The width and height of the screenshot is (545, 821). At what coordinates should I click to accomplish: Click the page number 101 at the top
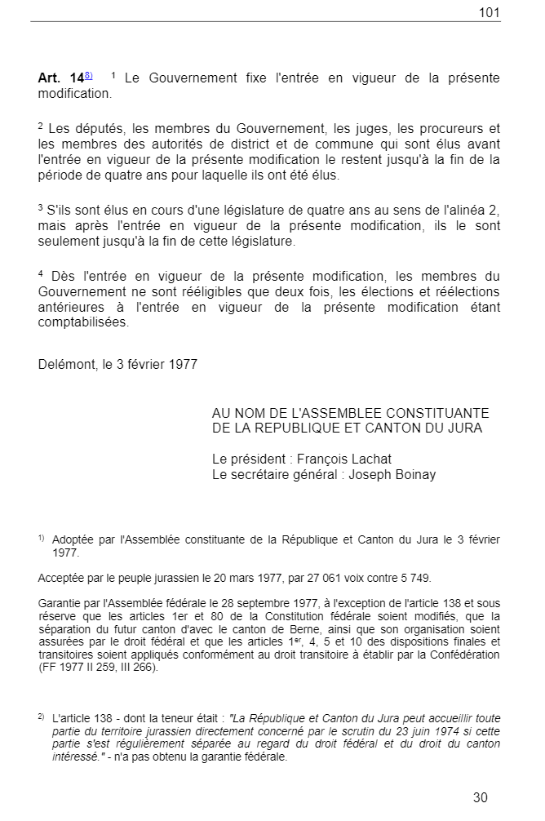click(x=490, y=12)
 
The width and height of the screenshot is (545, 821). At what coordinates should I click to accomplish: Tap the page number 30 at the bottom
click(x=480, y=797)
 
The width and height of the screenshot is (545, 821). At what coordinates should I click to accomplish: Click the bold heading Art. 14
click(x=60, y=78)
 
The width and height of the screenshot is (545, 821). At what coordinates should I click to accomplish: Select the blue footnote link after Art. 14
click(x=88, y=75)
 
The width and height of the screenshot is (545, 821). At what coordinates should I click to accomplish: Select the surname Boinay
click(x=414, y=475)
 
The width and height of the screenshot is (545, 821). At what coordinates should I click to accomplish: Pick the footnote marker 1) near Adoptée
click(x=41, y=538)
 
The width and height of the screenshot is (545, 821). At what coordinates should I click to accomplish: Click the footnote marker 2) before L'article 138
click(x=41, y=716)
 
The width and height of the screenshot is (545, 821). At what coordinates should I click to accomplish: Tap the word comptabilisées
click(x=83, y=322)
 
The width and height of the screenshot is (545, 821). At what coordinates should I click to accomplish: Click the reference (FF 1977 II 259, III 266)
click(x=99, y=667)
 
